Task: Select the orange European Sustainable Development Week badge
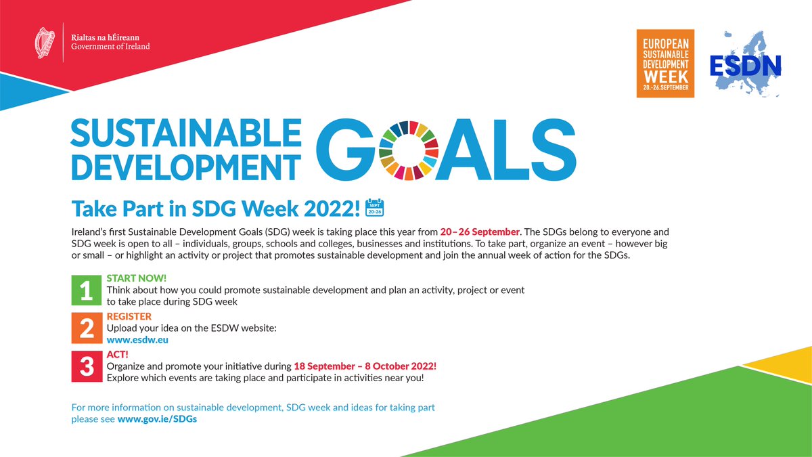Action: (665, 63)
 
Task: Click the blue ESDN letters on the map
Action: (745, 65)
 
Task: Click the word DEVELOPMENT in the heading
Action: (186, 166)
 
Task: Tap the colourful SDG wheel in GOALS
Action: (405, 151)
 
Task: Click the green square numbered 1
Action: (86, 290)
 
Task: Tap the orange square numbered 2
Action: (86, 328)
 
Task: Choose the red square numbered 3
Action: (86, 366)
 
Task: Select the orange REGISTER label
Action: (129, 316)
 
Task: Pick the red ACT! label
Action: (118, 354)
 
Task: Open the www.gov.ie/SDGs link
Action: (157, 419)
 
